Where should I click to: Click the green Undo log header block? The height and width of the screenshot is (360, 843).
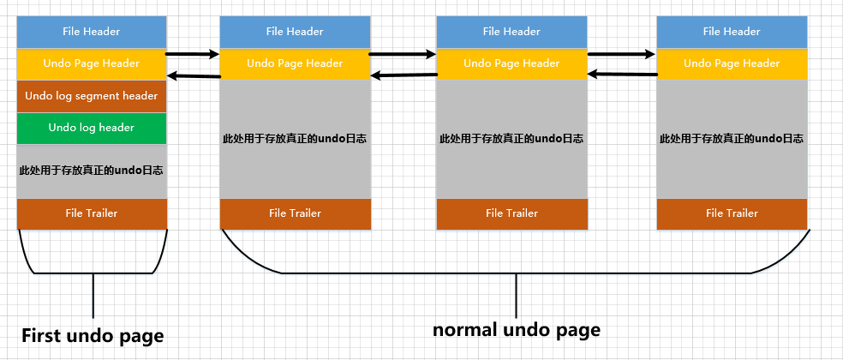[x=92, y=128]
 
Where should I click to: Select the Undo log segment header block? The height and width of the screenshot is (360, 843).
[x=92, y=96]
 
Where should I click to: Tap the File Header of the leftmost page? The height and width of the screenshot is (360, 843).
[x=92, y=32]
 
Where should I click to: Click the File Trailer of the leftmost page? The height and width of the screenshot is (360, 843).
[x=92, y=213]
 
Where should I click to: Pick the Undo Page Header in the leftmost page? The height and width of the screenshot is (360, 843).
[x=92, y=63]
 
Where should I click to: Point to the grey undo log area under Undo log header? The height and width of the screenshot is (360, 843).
[x=92, y=171]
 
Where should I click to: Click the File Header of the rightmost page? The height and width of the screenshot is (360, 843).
[x=731, y=32]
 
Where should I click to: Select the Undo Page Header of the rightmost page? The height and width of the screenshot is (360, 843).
[x=731, y=63]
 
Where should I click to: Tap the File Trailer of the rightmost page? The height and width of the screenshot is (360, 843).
[x=731, y=213]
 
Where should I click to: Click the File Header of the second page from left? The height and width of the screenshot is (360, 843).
[x=295, y=32]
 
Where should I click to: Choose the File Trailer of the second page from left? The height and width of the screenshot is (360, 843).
[x=295, y=213]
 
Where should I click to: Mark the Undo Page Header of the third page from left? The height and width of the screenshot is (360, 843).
[x=511, y=63]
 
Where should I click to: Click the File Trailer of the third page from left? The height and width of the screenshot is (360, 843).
[x=511, y=213]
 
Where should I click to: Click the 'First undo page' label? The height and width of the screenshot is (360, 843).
[x=92, y=334]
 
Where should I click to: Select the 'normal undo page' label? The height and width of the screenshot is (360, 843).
[x=516, y=329]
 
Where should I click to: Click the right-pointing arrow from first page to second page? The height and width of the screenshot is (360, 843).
[x=193, y=54]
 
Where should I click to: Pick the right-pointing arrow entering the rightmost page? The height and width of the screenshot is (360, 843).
[x=622, y=54]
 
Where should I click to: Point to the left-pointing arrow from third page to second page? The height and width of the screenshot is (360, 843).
[x=404, y=75]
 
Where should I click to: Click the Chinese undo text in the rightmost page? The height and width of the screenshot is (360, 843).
[x=731, y=138]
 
